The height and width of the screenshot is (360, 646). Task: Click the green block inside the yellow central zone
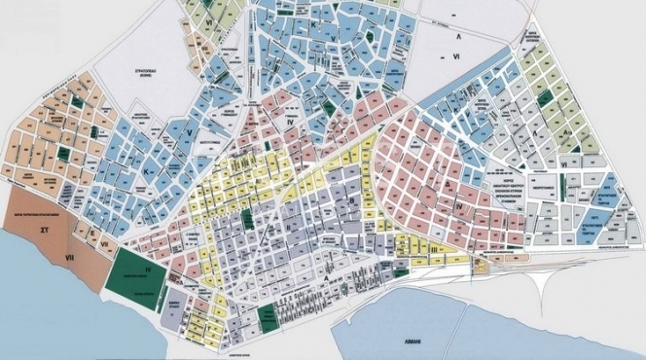tap(247, 219)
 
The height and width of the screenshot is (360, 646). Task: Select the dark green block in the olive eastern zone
tap(545, 98)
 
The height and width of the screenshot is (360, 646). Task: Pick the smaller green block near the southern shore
tap(265, 315)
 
